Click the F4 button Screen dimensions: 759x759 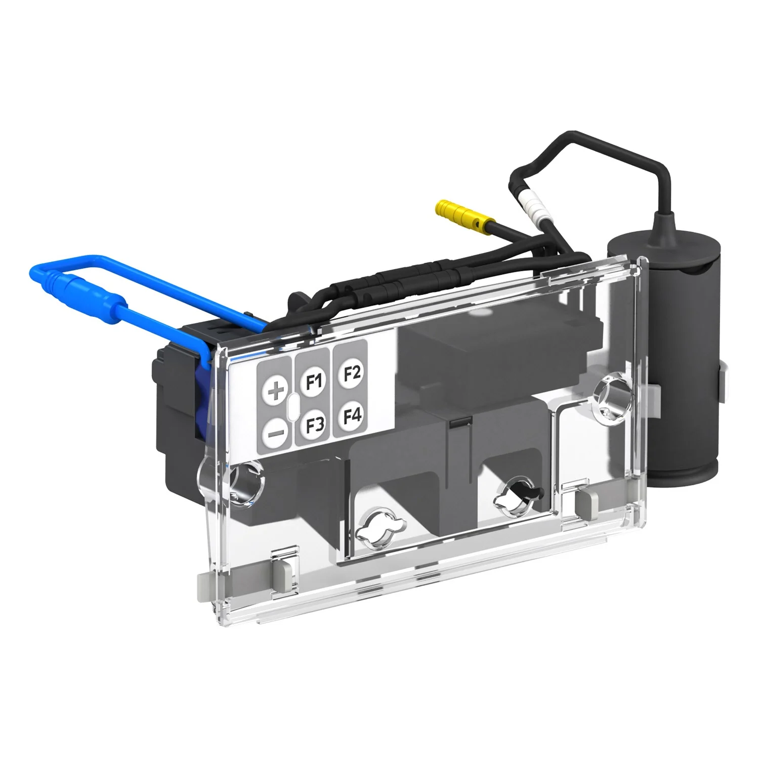point(352,416)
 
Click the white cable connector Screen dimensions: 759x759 point(532,207)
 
